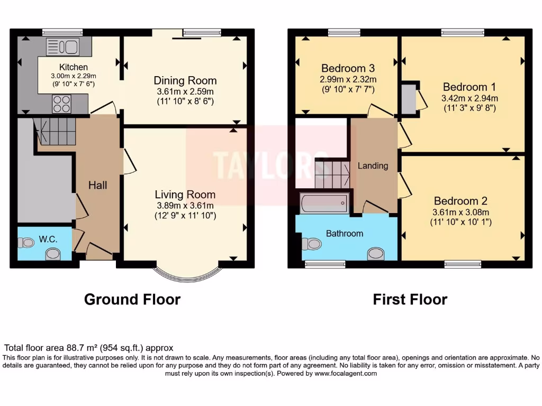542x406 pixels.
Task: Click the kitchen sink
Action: click(62, 47)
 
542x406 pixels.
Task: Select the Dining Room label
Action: click(185, 80)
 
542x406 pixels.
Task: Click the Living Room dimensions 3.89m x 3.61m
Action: click(185, 206)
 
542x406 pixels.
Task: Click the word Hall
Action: click(97, 185)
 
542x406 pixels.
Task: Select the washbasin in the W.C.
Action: click(53, 254)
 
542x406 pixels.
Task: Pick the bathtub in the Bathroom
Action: click(324, 203)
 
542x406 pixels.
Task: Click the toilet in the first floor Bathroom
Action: click(311, 244)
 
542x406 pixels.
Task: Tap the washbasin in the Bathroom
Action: click(376, 253)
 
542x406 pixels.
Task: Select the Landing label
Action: click(373, 165)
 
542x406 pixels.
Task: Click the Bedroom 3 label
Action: click(348, 68)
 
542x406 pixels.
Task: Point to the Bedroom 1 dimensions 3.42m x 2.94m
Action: click(469, 98)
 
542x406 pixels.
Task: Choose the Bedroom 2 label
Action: click(460, 201)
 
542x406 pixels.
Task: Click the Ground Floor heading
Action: click(132, 299)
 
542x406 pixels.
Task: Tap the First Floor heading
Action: click(410, 299)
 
